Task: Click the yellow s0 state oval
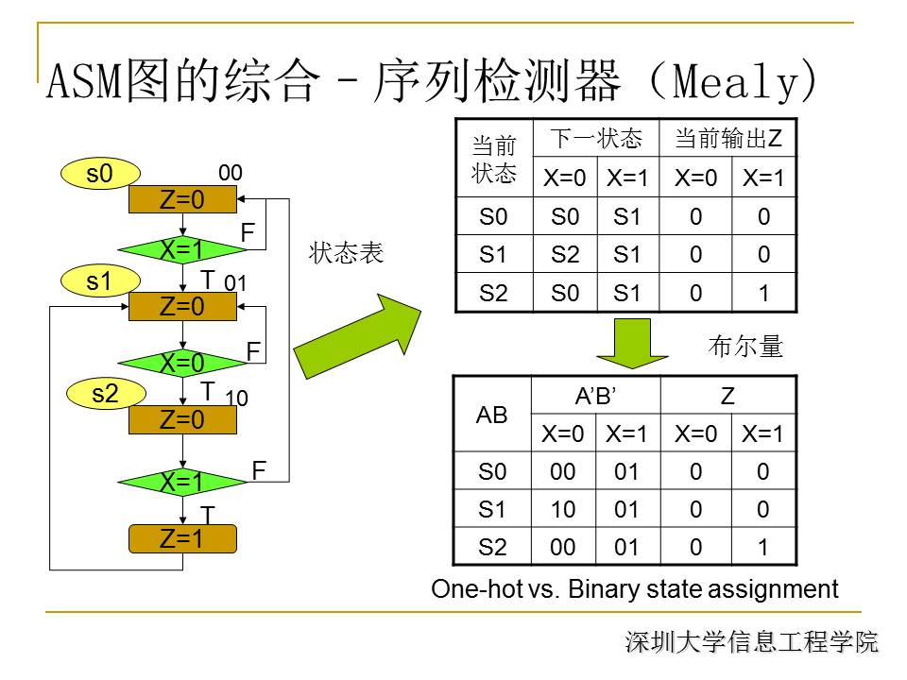tap(99, 173)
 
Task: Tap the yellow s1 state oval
tap(99, 280)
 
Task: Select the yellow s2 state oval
tap(105, 394)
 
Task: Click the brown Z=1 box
tap(182, 539)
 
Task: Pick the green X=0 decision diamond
tap(182, 364)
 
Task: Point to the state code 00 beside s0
tap(231, 173)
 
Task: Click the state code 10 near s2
tap(237, 399)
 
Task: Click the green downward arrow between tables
tap(633, 343)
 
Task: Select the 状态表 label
tap(346, 254)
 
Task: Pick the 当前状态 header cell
tap(494, 160)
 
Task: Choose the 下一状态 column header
tap(596, 140)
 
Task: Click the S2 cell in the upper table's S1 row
tap(565, 255)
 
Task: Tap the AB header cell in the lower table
tap(492, 415)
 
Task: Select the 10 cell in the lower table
tap(565, 510)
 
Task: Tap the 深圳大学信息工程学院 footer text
tap(751, 643)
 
